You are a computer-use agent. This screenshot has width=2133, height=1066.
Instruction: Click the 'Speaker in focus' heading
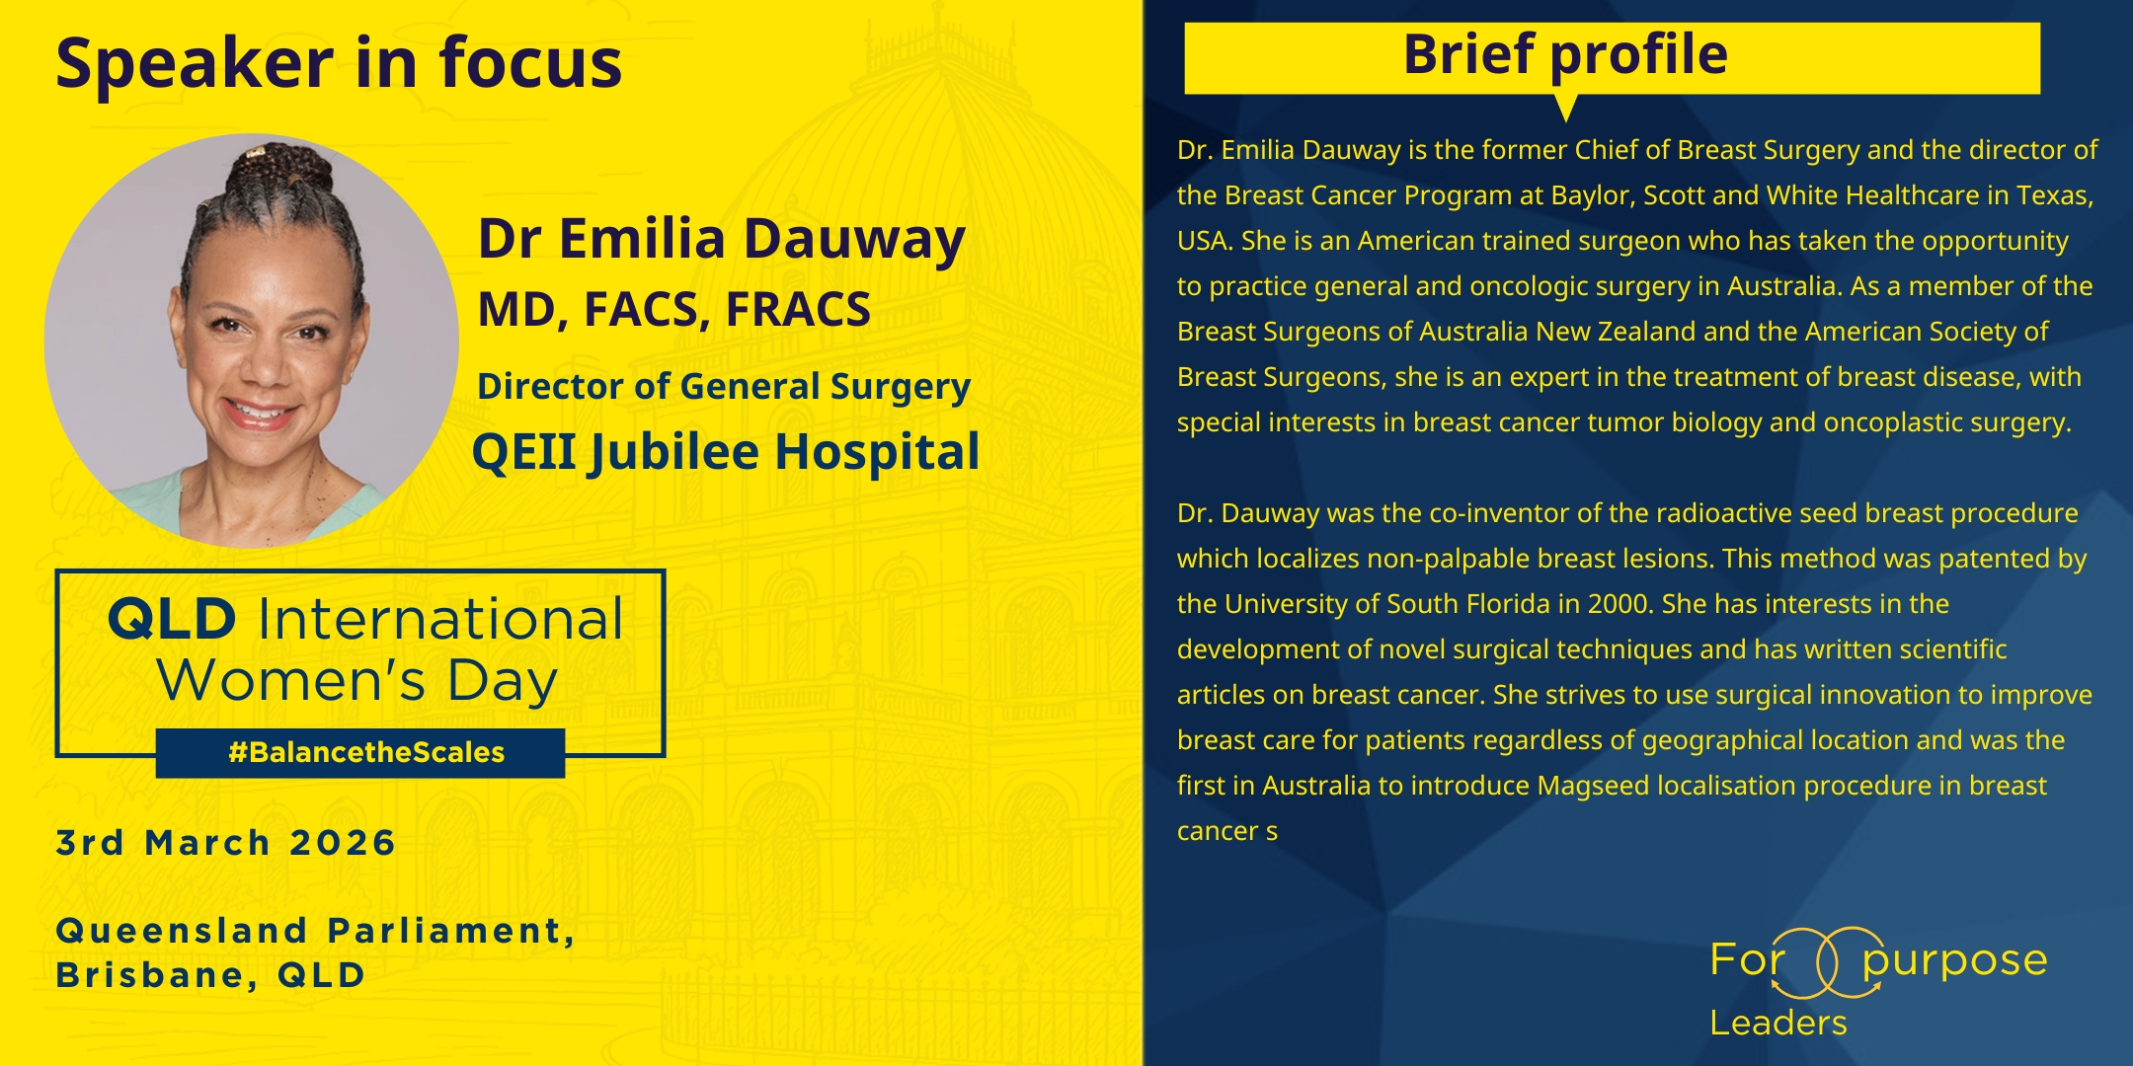[x=339, y=63]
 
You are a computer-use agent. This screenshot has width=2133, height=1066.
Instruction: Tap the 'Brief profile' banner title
[x=1565, y=55]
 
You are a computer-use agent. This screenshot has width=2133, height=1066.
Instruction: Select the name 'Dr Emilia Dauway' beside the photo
[x=721, y=240]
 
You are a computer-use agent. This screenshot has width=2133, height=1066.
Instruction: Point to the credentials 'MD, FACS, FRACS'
[x=674, y=310]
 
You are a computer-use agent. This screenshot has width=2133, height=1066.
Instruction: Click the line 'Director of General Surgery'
[x=724, y=387]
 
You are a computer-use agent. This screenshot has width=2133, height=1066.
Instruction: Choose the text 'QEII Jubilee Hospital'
[x=726, y=453]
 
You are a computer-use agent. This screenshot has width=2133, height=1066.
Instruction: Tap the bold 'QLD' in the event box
[x=172, y=620]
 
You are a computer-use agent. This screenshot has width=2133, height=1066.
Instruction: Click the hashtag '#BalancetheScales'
[x=366, y=753]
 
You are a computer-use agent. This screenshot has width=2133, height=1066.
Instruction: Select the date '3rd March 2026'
[x=226, y=843]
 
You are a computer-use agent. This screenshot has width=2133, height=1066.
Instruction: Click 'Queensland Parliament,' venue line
[x=316, y=931]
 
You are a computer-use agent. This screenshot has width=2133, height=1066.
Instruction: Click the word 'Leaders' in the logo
[x=1778, y=1023]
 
